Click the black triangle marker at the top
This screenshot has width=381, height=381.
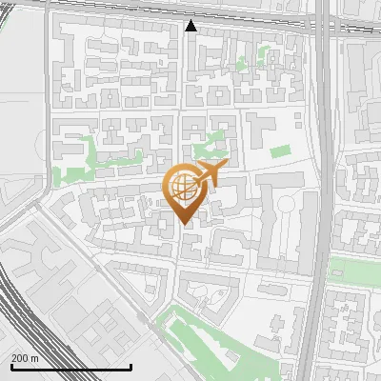pyautogui.click(x=191, y=26)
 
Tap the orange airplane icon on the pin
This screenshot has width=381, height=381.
pyautogui.click(x=208, y=175)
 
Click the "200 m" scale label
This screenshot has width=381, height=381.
pyautogui.click(x=25, y=358)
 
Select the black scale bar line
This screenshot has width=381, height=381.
pyautogui.click(x=70, y=368)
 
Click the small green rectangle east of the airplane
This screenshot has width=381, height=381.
pyautogui.click(x=278, y=150)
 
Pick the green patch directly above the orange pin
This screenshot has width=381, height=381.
pyautogui.click(x=206, y=148)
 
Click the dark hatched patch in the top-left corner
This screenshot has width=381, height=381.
pyautogui.click(x=19, y=7)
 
